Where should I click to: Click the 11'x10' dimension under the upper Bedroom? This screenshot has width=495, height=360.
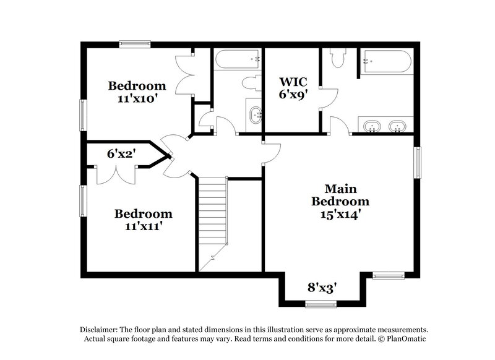(137, 98)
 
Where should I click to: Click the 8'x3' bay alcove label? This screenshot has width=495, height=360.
(322, 287)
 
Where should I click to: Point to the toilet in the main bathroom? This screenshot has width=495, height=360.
(337, 58)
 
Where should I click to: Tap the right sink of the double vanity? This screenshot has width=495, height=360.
(397, 127)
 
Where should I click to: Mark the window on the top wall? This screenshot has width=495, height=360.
(135, 43)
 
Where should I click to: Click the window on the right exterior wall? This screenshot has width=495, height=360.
(418, 161)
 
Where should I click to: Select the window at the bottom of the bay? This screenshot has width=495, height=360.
(321, 303)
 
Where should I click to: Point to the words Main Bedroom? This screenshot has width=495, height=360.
(340, 195)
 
